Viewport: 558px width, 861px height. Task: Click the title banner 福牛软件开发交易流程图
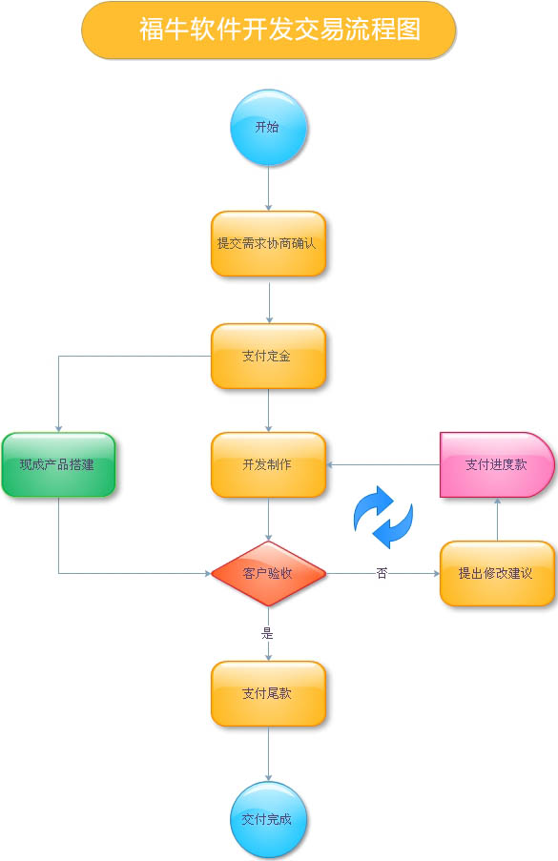click(x=269, y=30)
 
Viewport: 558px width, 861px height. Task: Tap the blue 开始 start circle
click(x=268, y=128)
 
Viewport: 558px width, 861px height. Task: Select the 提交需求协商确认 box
click(x=269, y=243)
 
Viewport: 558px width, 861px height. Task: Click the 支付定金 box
click(x=269, y=356)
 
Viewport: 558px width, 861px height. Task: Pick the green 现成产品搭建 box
click(x=58, y=464)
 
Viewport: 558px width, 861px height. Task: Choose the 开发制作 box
click(x=269, y=464)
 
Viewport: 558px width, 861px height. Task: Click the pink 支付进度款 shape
click(x=497, y=464)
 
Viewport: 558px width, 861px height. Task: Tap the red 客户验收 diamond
click(x=269, y=573)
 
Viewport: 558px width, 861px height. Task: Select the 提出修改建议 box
click(x=497, y=573)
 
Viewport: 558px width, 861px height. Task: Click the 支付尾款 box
click(x=269, y=693)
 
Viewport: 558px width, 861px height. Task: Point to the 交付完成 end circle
click(x=268, y=819)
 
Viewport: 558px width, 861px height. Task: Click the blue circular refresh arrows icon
click(x=382, y=517)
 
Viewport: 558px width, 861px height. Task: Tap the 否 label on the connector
click(x=382, y=573)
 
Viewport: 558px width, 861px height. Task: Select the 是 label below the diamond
click(x=267, y=633)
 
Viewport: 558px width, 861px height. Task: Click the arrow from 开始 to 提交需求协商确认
click(x=269, y=189)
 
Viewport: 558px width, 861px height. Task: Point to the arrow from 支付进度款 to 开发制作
click(x=383, y=464)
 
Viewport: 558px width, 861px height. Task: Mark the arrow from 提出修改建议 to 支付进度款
click(x=498, y=520)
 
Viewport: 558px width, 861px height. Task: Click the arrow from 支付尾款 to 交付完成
click(x=269, y=753)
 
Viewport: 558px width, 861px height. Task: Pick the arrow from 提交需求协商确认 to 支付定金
click(x=269, y=303)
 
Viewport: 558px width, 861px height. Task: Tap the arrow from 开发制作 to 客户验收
click(x=269, y=520)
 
